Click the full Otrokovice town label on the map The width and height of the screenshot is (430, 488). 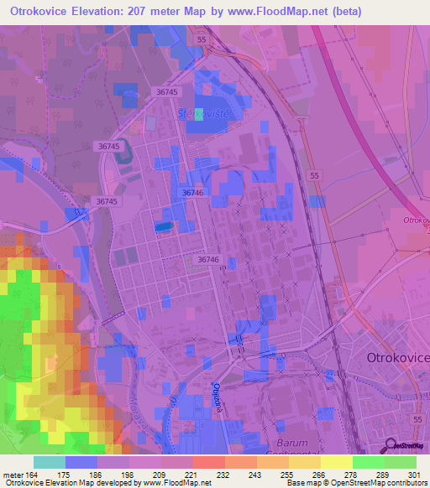398,357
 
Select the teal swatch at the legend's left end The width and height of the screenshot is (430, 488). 50,462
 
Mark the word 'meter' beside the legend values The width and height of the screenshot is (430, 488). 12,475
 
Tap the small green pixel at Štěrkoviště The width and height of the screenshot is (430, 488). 198,116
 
